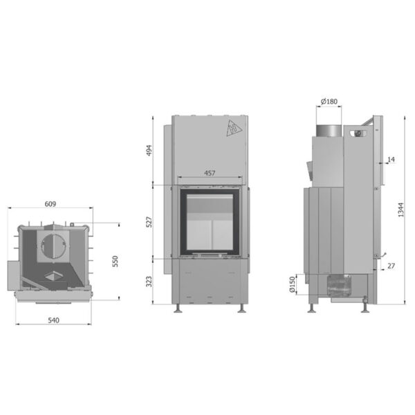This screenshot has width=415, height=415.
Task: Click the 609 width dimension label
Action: click(50, 204)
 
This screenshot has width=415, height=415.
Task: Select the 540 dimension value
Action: click(53, 320)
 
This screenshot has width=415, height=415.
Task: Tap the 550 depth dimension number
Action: click(115, 261)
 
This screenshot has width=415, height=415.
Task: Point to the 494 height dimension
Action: click(149, 150)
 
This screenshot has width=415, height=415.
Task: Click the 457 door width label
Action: click(210, 173)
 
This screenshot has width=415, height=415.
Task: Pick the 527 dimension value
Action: click(149, 222)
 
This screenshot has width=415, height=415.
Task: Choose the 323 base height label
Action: click(149, 282)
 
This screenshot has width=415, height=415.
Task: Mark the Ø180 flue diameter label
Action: click(329, 102)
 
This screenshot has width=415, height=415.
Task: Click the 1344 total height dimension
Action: click(401, 210)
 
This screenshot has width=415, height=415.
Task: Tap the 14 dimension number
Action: click(391, 159)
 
